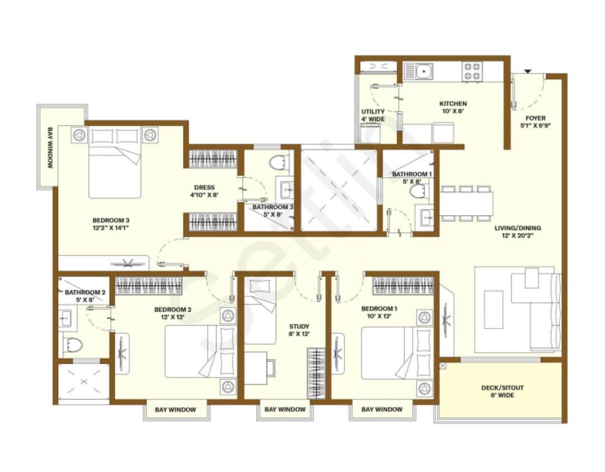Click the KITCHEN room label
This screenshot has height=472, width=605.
coord(453,104)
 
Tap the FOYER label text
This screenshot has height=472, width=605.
coord(535,118)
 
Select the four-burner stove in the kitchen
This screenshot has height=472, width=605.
coord(472,72)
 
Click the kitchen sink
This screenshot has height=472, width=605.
coord(424,72)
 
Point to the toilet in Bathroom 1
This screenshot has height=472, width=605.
coord(417,192)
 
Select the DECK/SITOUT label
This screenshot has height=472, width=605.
coord(502,388)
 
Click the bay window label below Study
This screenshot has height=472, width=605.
coord(285,409)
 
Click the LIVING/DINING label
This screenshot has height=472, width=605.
coord(518,228)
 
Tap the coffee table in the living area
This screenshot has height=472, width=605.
coord(494,309)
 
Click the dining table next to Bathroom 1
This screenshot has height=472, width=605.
coord(467,203)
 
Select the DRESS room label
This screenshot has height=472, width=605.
coord(204,188)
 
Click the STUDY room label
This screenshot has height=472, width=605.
coord(299,326)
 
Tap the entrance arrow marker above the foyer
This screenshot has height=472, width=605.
coord(527,71)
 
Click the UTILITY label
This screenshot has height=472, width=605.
coord(373,112)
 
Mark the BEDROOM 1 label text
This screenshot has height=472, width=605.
coord(379,309)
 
